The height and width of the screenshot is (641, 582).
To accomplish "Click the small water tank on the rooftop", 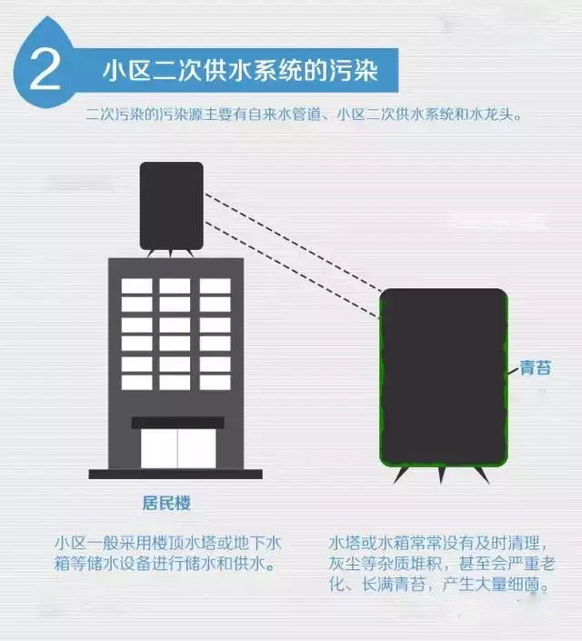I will (171, 205).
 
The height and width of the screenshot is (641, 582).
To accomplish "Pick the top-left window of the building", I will (137, 285).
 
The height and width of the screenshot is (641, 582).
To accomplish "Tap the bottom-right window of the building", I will (215, 382).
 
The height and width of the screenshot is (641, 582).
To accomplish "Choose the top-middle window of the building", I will (176, 285).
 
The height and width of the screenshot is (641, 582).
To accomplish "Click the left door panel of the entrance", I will (159, 448).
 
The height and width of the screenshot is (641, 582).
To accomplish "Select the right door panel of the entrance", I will (196, 448).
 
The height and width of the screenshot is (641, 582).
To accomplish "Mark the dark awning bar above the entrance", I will (177, 422).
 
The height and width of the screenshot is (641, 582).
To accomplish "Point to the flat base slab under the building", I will (176, 474).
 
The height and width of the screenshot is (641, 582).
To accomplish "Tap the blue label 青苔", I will (535, 368).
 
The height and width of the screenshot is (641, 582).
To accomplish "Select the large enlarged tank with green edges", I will (443, 376).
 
